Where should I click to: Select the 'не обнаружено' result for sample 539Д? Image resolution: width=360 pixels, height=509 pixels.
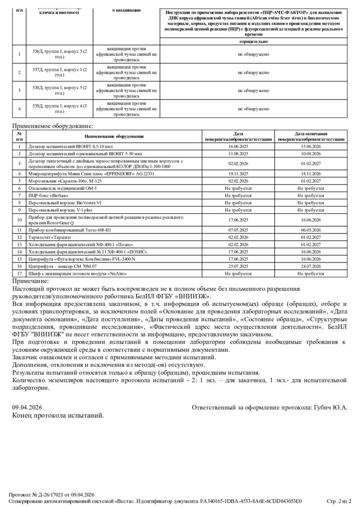pyautogui.click(x=253, y=108)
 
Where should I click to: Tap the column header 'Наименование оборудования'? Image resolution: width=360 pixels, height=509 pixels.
pyautogui.click(x=114, y=136)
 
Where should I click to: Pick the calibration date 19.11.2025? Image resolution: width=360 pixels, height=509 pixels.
pyautogui.click(x=238, y=174)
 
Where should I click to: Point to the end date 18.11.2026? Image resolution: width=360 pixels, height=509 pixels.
pyautogui.click(x=310, y=174)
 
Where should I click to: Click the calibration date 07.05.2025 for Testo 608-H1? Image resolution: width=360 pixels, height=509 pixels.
pyautogui.click(x=238, y=230)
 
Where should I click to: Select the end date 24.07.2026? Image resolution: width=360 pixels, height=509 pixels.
pyautogui.click(x=310, y=266)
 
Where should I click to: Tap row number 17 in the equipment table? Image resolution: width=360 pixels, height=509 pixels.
pyautogui.click(x=19, y=273)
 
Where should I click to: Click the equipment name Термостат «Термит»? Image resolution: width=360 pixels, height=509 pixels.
pyautogui.click(x=50, y=237)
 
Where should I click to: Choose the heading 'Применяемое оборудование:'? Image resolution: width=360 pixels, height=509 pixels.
pyautogui.click(x=52, y=126)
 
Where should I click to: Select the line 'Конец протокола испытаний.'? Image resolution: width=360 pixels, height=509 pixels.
pyautogui.click(x=58, y=415)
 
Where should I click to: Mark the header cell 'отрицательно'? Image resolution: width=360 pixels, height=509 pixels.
pyautogui.click(x=253, y=41)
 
